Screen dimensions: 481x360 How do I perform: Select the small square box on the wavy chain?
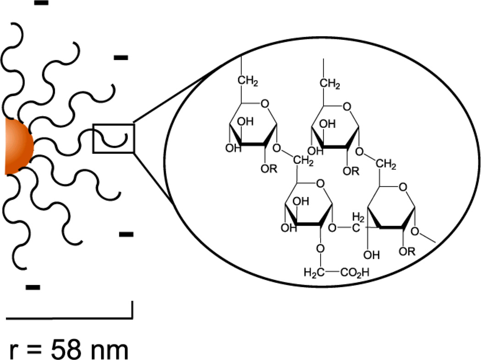coord(114,138)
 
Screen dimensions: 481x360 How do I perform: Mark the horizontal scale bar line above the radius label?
coord(69,317)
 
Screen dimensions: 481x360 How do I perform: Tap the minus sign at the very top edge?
coord(41,3)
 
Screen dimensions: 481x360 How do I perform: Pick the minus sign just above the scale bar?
coord(33,287)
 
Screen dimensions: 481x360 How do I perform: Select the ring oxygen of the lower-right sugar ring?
coord(403,186)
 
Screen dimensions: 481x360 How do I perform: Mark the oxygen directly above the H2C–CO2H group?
coord(321,248)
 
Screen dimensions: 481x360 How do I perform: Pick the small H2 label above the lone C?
coord(358,217)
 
